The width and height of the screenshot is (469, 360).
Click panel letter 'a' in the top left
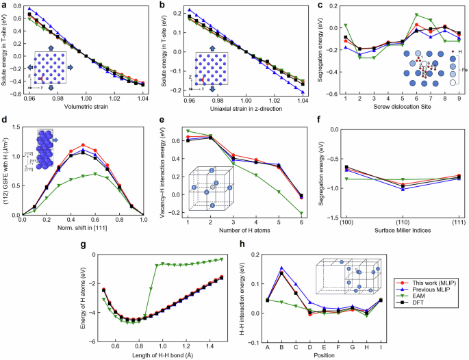point(4,5)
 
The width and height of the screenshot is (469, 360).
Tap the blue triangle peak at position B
point(281,268)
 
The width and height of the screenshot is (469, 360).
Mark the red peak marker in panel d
point(83,145)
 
